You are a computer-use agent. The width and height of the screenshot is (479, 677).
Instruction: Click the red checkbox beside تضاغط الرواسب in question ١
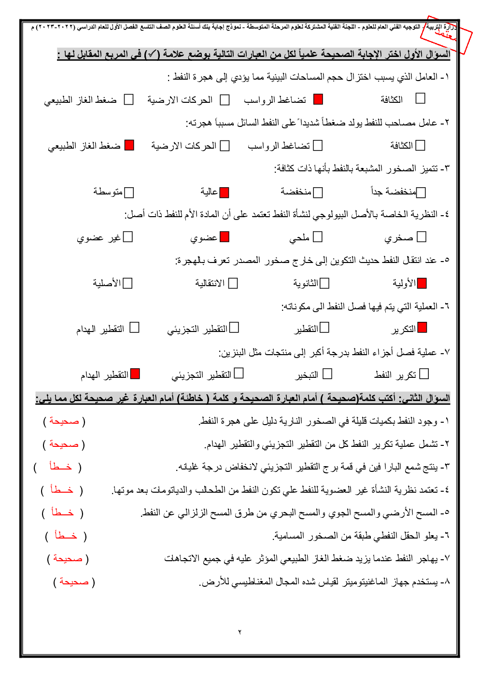coord(318,99)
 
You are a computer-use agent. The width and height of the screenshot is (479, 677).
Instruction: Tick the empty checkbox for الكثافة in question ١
coord(421,98)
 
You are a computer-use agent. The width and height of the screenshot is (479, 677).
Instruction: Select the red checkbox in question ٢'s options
coord(129,145)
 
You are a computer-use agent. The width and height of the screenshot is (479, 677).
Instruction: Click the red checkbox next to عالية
coord(224,193)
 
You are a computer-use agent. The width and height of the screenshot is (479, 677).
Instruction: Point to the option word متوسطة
coord(108,192)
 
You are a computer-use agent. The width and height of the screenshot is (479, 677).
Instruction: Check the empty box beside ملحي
coord(318,237)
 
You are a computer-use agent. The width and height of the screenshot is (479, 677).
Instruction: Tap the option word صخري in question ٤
coord(399,238)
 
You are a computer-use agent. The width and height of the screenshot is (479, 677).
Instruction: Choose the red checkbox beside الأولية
coord(422,283)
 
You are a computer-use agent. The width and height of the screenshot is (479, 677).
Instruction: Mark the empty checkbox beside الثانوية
coord(325,283)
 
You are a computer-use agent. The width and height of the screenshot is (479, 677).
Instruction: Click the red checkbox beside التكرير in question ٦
coord(423,328)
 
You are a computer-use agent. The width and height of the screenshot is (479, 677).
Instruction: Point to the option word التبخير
coord(307,375)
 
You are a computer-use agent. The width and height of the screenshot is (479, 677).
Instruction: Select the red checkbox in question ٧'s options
coord(135,374)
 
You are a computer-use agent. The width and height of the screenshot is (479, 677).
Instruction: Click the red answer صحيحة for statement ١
coord(64,421)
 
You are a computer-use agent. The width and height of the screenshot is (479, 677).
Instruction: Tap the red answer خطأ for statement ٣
coord(61,467)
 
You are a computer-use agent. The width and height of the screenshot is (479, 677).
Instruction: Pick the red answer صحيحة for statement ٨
coord(74,582)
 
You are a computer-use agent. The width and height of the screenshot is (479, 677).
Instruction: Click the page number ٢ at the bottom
coord(239,632)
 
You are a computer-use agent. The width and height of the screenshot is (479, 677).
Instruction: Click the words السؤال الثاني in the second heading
coord(424,398)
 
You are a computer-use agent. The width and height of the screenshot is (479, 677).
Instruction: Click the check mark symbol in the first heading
coord(153,54)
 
